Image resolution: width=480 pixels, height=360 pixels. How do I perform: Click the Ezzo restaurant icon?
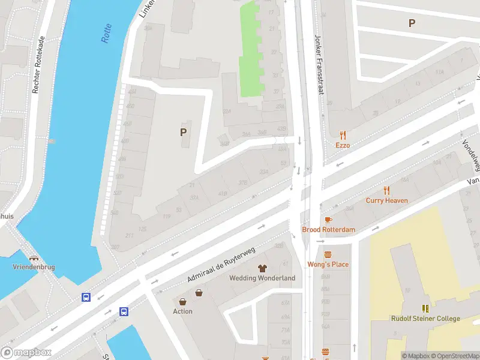pos(343,135)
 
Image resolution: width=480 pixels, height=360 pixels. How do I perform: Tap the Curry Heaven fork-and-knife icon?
pos(387,190)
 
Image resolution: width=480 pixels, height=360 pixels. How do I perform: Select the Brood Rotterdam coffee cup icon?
pos(328,220)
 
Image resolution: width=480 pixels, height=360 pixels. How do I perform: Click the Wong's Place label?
pos(328,264)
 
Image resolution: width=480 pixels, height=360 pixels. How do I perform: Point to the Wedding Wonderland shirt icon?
pos(262,268)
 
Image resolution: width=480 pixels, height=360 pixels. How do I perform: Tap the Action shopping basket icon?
pos(199,293)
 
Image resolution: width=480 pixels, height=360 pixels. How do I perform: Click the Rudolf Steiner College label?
pos(425,319)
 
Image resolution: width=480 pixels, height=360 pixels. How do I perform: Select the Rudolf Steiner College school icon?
pos(425,308)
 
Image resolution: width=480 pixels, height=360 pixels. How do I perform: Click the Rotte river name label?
pos(107,34)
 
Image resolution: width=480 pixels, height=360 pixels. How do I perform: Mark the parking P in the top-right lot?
pos(412,23)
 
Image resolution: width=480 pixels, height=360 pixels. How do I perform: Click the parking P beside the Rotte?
pos(183,132)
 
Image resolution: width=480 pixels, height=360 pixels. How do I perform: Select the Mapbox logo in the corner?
pos(26,353)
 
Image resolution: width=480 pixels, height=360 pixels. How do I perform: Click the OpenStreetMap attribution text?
pos(455,356)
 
